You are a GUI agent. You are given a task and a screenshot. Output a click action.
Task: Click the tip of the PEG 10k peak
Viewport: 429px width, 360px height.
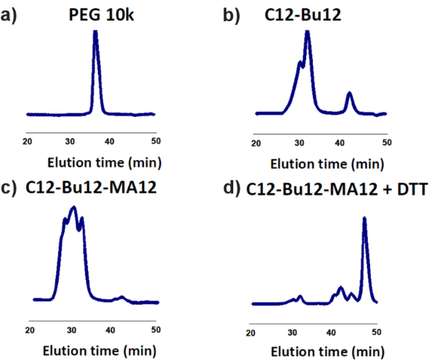pyautogui.click(x=96, y=31)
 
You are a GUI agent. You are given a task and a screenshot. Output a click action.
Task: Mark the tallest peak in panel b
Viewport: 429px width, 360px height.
pyautogui.click(x=308, y=32)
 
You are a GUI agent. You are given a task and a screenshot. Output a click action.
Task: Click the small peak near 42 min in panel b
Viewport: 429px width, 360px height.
pyautogui.click(x=349, y=93)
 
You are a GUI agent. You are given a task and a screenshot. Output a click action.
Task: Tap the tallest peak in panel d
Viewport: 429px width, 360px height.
pyautogui.click(x=364, y=219)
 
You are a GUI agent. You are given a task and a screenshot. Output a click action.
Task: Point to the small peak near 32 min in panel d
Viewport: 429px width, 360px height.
pyautogui.click(x=301, y=296)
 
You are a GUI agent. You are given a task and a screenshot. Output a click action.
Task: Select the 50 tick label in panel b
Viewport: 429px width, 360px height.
pyautogui.click(x=384, y=143)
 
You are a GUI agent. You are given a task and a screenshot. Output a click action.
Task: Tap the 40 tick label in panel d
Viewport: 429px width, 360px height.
pyautogui.click(x=333, y=332)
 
